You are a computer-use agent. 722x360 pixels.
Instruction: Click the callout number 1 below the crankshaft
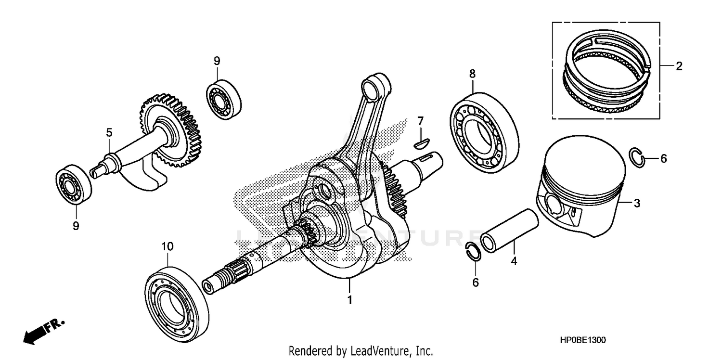pyautogui.click(x=350, y=300)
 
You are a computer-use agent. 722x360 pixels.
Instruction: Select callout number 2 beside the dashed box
pyautogui.click(x=679, y=66)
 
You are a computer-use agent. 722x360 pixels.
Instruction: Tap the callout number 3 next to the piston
pyautogui.click(x=637, y=204)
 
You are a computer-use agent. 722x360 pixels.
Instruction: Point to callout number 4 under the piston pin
pyautogui.click(x=514, y=261)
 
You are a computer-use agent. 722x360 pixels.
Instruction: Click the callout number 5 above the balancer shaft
pyautogui.click(x=109, y=132)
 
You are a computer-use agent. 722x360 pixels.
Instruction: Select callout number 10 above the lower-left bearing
pyautogui.click(x=167, y=246)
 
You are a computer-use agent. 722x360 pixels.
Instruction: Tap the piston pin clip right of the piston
pyautogui.click(x=636, y=158)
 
